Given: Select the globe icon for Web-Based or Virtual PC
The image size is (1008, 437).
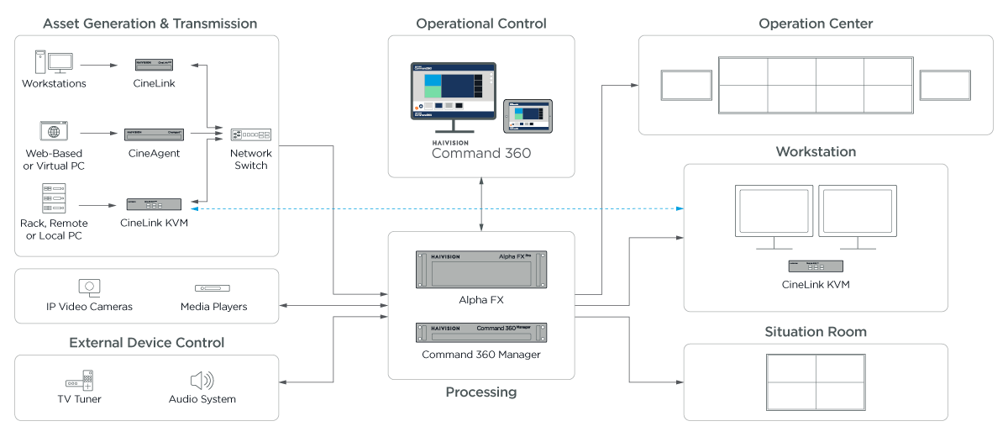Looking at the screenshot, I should pos(54,132).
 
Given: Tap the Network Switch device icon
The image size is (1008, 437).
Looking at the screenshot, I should pos(251,134).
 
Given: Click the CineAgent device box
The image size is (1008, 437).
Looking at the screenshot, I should pos(155,134).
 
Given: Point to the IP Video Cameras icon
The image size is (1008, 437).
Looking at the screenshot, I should pos(89,287).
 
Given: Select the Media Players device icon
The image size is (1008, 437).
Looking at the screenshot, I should pos(213,288).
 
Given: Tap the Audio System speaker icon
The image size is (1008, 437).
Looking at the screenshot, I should pos(202,380).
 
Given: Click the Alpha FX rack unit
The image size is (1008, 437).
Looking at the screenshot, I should pos(481,270).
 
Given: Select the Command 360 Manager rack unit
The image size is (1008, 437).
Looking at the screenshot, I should pos(481,332).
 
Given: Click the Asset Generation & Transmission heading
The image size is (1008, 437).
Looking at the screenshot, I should pos(150,23).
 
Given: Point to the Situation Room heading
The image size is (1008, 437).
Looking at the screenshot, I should pos(815,332).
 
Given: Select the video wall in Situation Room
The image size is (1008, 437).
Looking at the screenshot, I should pos(815,382).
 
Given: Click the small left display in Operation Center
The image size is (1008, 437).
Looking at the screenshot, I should pos(686,85).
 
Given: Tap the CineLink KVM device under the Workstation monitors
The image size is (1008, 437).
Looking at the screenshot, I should pos(815,266).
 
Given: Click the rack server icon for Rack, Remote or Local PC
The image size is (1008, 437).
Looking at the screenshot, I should pos(54,198).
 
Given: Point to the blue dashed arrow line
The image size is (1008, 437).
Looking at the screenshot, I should pos(437,208).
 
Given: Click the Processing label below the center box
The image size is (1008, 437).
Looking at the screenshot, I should pos(480,392).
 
